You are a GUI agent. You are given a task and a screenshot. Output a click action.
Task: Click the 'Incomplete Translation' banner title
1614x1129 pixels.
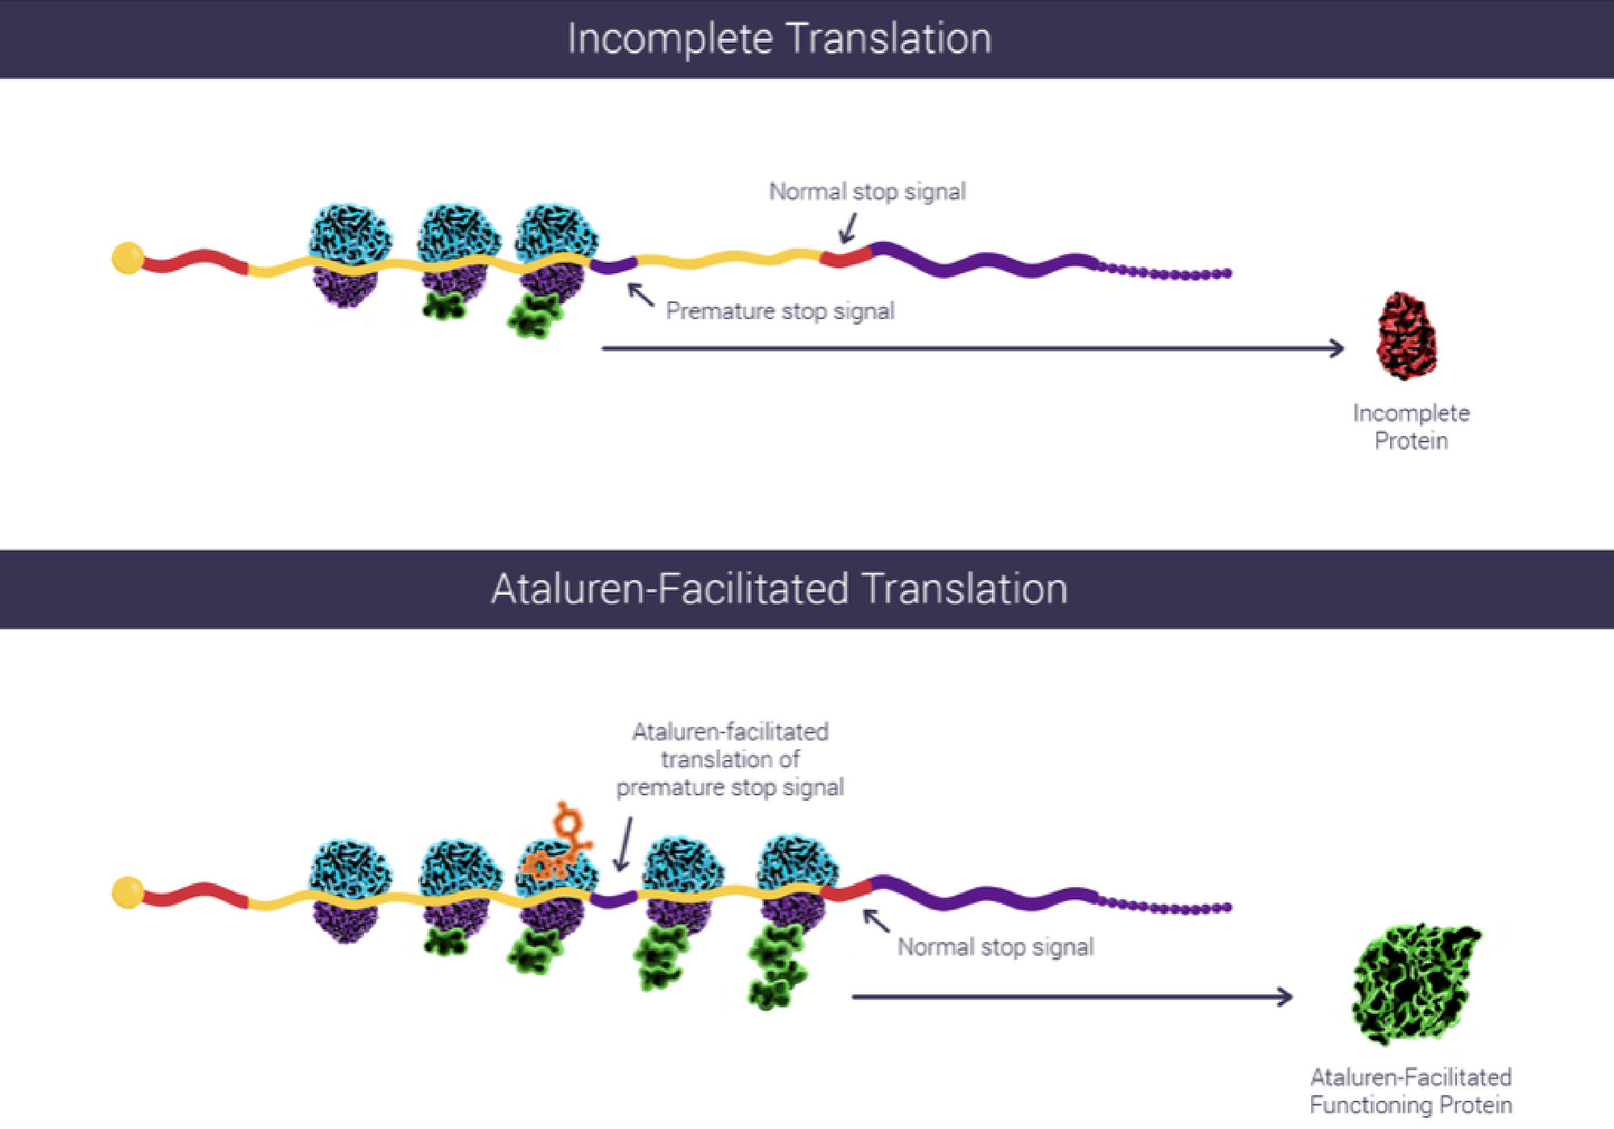coord(779,39)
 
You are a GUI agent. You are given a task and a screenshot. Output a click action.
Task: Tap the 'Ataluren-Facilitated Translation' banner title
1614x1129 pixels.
coord(779,588)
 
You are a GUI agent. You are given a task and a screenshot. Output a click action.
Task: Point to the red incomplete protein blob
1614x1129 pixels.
coord(1406,336)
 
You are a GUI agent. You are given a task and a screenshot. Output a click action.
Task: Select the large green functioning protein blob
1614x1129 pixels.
coord(1413,984)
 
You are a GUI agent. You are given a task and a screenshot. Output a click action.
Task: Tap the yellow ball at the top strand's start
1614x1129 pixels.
coord(127,258)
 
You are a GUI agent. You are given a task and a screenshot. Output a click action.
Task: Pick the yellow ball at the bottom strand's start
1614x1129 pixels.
coord(127,892)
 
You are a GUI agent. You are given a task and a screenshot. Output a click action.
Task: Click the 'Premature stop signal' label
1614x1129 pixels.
coord(779,311)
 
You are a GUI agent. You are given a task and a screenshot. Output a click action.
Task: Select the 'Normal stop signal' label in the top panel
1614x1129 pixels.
coord(867,192)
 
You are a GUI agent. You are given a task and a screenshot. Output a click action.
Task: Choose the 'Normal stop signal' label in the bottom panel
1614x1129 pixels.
coord(995,947)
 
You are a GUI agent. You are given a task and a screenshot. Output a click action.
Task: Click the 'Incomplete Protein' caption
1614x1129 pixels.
coord(1411,427)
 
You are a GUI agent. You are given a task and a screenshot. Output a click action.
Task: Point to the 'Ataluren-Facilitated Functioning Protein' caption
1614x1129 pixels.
coord(1410,1090)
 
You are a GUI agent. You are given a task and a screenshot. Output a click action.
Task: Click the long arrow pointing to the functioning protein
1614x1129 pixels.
coord(1072,997)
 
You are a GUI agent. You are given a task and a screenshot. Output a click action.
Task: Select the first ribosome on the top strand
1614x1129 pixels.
coord(350,254)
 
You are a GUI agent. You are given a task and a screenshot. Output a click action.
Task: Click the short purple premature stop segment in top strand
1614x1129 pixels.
coord(614,264)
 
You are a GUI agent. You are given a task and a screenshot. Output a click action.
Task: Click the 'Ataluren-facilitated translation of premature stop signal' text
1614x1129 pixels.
coord(730,759)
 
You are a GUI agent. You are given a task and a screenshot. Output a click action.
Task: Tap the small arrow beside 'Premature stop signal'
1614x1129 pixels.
coord(641,294)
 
